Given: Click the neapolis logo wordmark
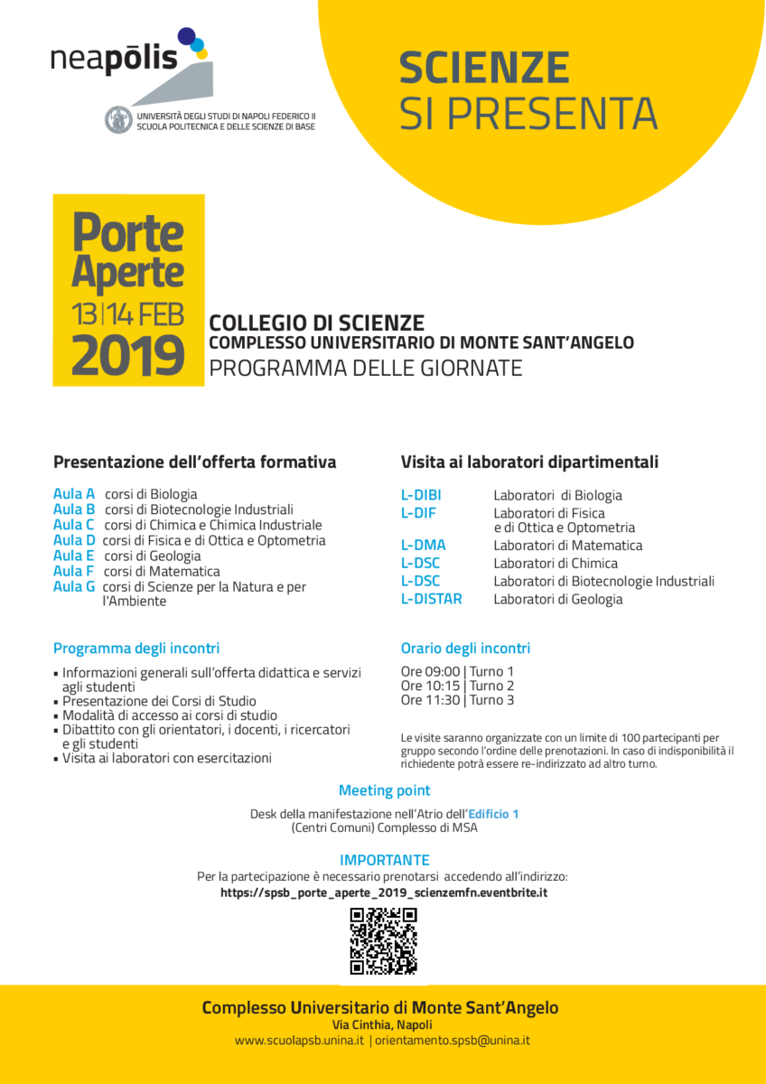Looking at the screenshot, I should tap(114, 59).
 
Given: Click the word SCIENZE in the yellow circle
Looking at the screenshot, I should tap(484, 69).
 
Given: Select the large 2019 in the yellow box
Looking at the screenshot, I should tap(127, 356).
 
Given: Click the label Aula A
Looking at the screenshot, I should tap(74, 494).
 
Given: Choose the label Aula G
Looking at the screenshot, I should tap(74, 586).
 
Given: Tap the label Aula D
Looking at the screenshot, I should tap(74, 540).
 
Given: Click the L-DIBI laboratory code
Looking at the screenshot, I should tap(421, 495).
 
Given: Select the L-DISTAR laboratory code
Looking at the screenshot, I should tap(431, 599).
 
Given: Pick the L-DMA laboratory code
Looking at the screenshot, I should tap(423, 546).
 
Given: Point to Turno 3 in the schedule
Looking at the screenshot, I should tap(492, 700).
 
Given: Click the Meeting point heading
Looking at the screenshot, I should tap(384, 791).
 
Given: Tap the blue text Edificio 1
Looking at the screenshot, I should tap(493, 814).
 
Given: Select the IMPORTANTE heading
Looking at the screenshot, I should tap(384, 860).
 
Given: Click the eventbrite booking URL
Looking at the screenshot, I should tap(384, 892).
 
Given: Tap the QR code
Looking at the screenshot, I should tap(383, 941).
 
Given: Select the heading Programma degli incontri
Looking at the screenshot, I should tap(136, 649).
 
